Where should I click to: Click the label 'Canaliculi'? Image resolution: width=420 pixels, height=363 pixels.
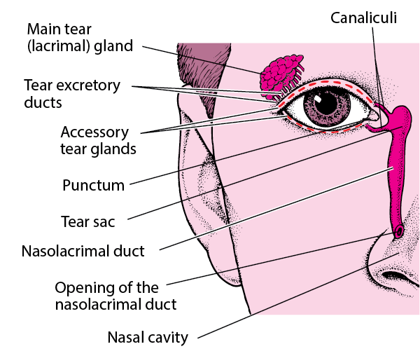click(363, 18)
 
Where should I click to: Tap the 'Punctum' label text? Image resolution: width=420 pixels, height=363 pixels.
click(93, 186)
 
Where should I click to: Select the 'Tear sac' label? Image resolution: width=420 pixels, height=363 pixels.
click(87, 222)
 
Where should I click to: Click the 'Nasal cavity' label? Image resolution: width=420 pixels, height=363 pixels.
click(148, 338)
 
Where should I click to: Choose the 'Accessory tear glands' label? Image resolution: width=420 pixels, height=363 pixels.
click(98, 140)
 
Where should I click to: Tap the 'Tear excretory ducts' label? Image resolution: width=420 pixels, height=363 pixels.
click(72, 94)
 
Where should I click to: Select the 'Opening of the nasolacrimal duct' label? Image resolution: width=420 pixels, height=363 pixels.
click(116, 296)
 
